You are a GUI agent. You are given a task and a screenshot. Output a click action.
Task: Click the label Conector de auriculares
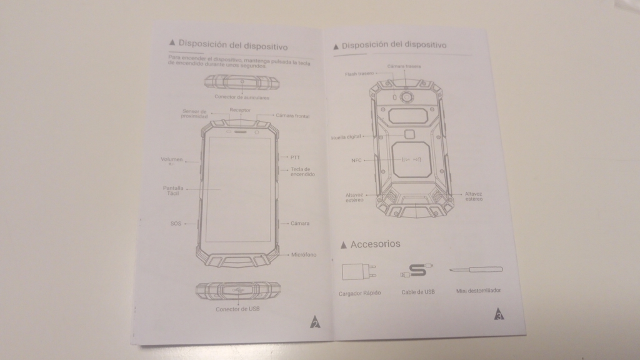[242, 97]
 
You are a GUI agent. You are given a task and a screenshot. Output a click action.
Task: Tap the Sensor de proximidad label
[194, 114]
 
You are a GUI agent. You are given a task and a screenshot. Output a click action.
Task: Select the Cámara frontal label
[292, 116]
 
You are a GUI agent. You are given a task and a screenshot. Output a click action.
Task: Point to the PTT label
[295, 157]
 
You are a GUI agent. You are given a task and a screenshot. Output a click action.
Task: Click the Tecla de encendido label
[302, 172]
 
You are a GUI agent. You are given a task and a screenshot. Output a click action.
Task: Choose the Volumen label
[172, 159]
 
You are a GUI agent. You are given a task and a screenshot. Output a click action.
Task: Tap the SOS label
[176, 223]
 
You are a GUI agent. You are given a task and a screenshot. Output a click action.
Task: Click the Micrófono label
[304, 254]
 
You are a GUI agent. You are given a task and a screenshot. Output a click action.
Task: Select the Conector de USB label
[237, 309]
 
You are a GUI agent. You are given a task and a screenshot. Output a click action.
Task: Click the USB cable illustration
[415, 272]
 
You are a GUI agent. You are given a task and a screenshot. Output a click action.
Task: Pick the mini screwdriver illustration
[476, 270]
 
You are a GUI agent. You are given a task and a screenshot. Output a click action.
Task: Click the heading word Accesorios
[375, 244]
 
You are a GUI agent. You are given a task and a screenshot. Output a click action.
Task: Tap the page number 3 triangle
[499, 314]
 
